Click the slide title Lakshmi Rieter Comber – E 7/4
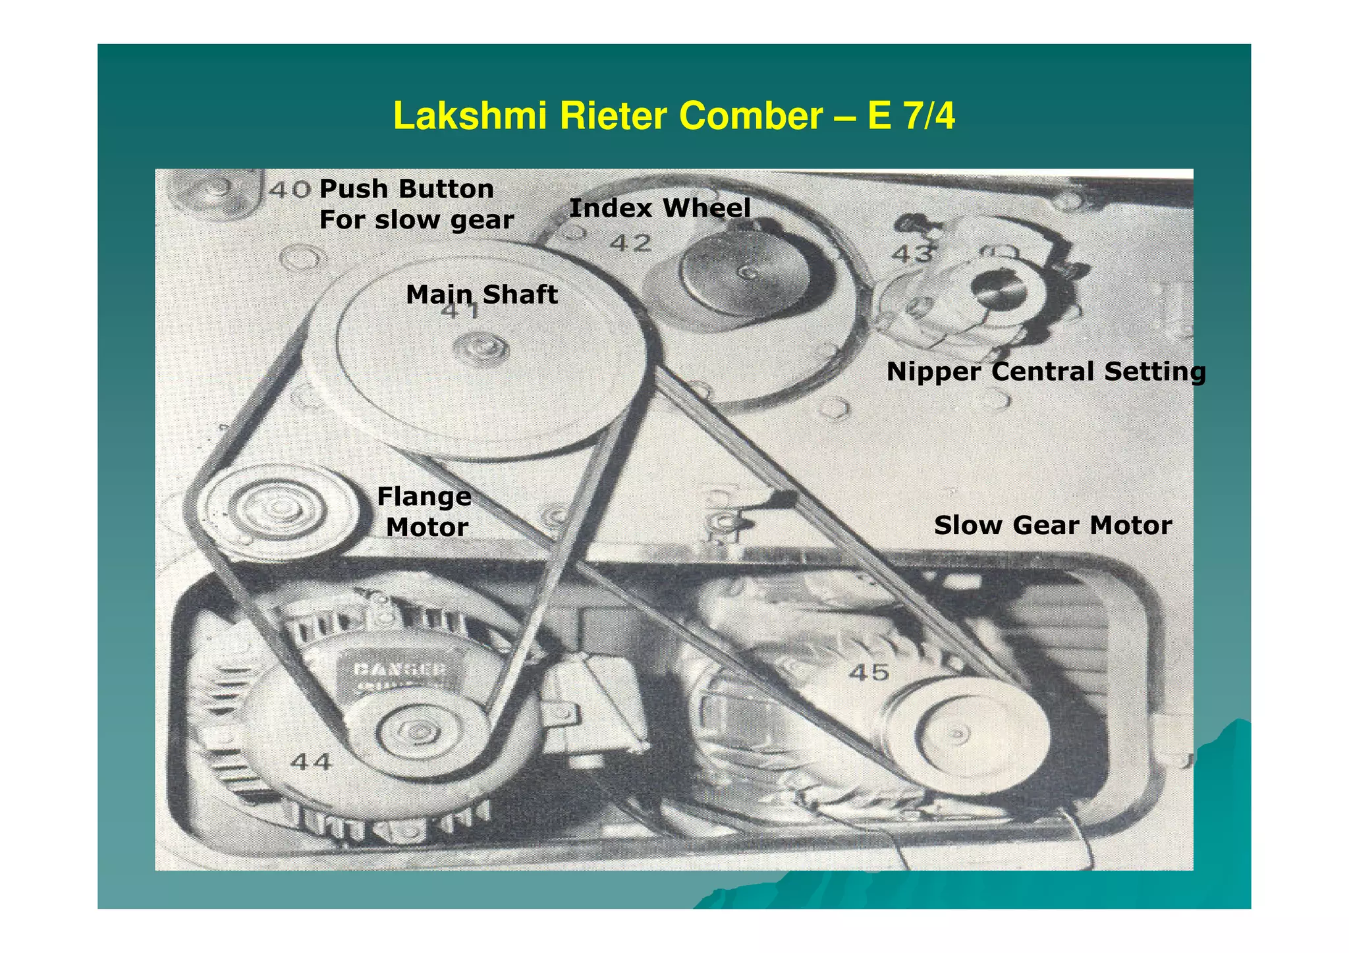(x=673, y=116)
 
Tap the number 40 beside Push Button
(x=290, y=190)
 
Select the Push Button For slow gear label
(x=416, y=204)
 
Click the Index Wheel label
(x=659, y=208)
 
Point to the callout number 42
(x=630, y=244)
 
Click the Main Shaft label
(x=482, y=294)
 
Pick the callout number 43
(x=912, y=254)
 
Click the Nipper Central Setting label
(x=1045, y=371)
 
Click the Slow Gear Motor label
(x=1053, y=526)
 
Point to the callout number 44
(x=311, y=762)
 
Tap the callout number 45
(x=869, y=672)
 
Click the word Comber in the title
(x=750, y=116)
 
